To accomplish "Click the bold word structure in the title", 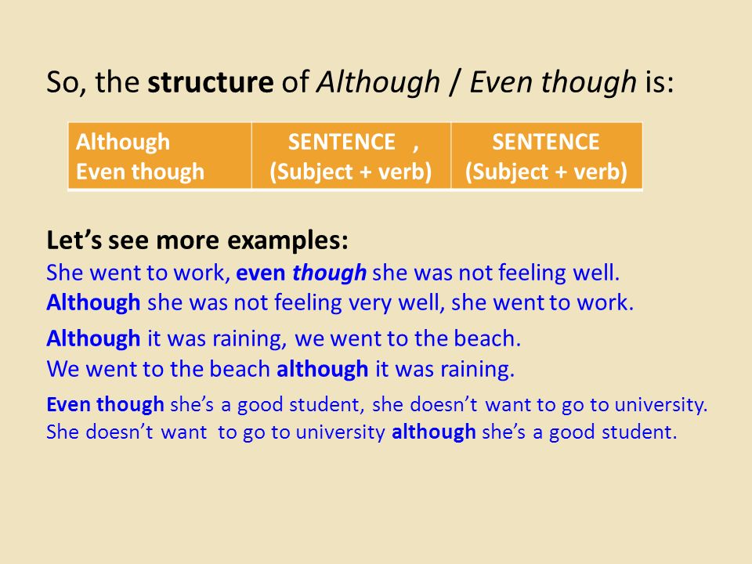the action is click(211, 81).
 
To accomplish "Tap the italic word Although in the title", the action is click(378, 82).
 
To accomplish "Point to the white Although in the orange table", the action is click(123, 143).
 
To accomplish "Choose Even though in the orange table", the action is click(140, 172).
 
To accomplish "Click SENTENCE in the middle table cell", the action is click(342, 142).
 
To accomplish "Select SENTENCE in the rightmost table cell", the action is click(546, 142).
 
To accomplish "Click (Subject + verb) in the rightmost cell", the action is click(546, 172).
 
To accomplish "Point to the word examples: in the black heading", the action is click(287, 240).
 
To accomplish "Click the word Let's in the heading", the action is click(74, 240).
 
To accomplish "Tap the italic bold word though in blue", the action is click(330, 273).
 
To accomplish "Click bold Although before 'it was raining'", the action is click(93, 339).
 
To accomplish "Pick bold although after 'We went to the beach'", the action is click(323, 369).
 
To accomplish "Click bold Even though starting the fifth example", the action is click(106, 404).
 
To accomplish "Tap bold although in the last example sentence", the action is click(434, 432).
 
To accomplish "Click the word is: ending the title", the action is click(660, 82).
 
